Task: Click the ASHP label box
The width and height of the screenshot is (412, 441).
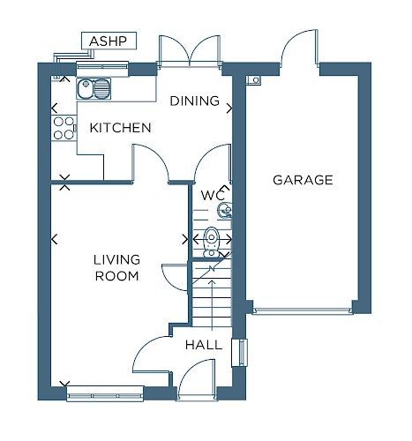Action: (109, 41)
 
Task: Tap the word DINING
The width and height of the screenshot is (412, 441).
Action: (195, 101)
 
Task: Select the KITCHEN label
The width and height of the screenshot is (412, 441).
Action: (120, 128)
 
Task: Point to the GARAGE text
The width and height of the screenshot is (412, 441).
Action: (303, 180)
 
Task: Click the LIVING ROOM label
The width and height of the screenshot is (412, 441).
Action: (116, 268)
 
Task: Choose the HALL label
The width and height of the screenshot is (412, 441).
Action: (204, 345)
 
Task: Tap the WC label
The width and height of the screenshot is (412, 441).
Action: (213, 195)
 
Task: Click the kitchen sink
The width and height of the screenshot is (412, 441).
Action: (94, 88)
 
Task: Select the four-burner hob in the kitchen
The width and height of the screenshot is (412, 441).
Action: (64, 128)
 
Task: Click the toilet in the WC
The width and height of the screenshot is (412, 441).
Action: (212, 242)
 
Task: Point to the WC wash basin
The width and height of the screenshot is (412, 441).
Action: (225, 210)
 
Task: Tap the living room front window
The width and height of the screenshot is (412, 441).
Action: (105, 393)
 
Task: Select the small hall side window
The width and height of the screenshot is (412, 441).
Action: (240, 353)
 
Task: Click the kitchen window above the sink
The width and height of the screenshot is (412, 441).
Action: (102, 68)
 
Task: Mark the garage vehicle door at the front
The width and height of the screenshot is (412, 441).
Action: (303, 310)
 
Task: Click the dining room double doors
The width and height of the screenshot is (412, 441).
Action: (190, 50)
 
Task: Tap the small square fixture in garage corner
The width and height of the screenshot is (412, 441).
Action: (253, 80)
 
